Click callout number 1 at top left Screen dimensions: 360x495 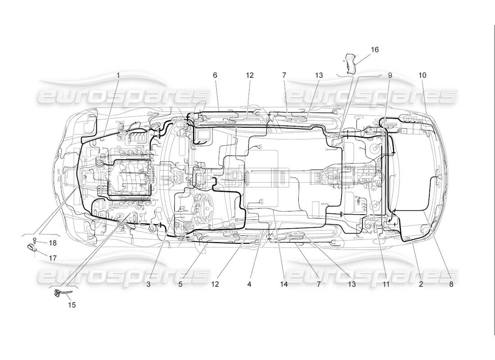[118, 76]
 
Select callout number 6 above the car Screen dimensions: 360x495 [215, 76]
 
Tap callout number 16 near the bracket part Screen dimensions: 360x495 [375, 49]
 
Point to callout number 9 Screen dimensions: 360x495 [390, 76]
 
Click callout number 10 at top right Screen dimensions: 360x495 [422, 76]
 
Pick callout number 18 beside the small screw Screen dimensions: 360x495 [53, 243]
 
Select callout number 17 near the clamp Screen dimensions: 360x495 [53, 258]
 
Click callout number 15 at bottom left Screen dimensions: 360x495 [72, 305]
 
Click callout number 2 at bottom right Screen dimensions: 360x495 [421, 284]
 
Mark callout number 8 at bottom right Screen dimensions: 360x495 [451, 284]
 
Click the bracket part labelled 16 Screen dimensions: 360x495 [350, 63]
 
